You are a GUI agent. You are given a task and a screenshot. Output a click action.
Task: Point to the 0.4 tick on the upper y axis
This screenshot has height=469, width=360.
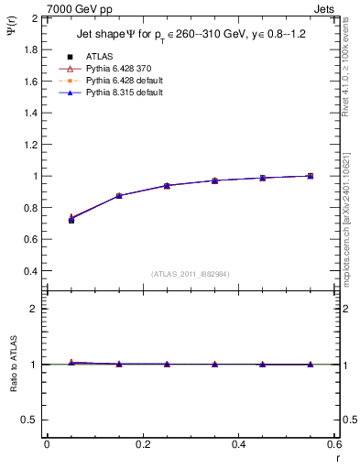coord(31,271)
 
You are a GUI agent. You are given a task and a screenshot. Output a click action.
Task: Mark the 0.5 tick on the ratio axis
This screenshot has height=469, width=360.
coord(31,420)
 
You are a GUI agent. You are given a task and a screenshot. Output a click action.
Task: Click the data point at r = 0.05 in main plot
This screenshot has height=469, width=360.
coord(71,219)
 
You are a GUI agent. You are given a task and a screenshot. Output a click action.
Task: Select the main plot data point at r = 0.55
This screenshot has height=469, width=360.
coord(311,176)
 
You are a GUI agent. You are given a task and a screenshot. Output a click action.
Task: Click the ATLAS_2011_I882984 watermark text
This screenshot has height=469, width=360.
coord(191,274)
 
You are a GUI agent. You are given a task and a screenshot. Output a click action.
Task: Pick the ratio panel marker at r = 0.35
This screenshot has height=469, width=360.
coord(214,365)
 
